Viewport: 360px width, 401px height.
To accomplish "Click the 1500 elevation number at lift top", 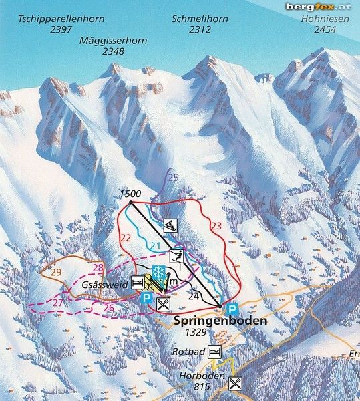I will tap(130, 194).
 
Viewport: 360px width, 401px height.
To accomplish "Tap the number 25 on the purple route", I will tap(173, 178).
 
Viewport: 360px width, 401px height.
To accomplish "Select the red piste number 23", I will tap(215, 227).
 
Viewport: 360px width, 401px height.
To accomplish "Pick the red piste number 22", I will tap(125, 237).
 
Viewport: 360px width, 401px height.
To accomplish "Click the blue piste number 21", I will tap(155, 247).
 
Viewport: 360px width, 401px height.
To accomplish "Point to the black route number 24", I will tap(194, 295).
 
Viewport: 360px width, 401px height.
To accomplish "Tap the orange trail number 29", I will tap(55, 271).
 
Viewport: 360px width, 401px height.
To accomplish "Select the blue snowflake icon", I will tap(159, 273).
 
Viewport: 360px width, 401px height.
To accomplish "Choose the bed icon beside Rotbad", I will tap(214, 352).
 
